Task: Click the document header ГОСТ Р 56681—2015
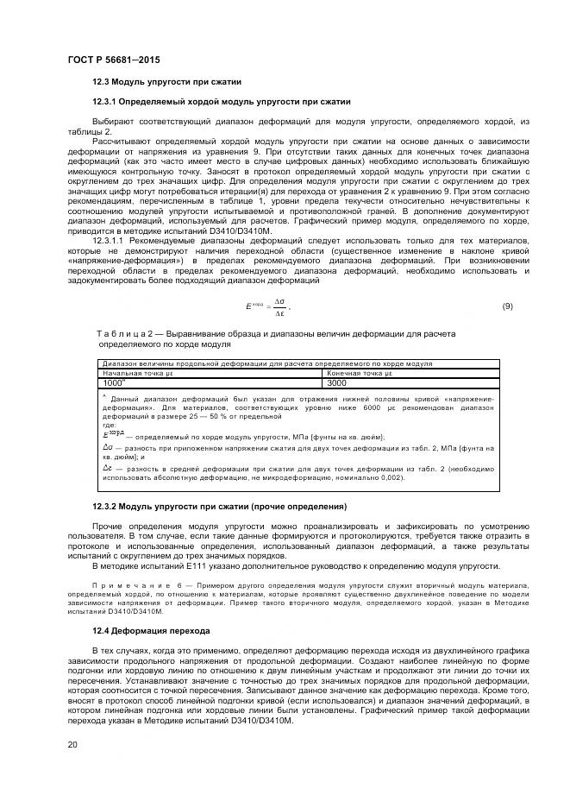pyautogui.click(x=114, y=59)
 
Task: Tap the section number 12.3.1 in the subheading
pyautogui.click(x=103, y=101)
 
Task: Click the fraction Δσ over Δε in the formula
pyautogui.click(x=279, y=306)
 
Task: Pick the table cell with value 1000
pyautogui.click(x=115, y=382)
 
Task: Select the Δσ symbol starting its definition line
pyautogui.click(x=107, y=447)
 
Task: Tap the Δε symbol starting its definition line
pyautogui.click(x=107, y=467)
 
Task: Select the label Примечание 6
pyautogui.click(x=132, y=584)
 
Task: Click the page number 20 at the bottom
pyautogui.click(x=72, y=744)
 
